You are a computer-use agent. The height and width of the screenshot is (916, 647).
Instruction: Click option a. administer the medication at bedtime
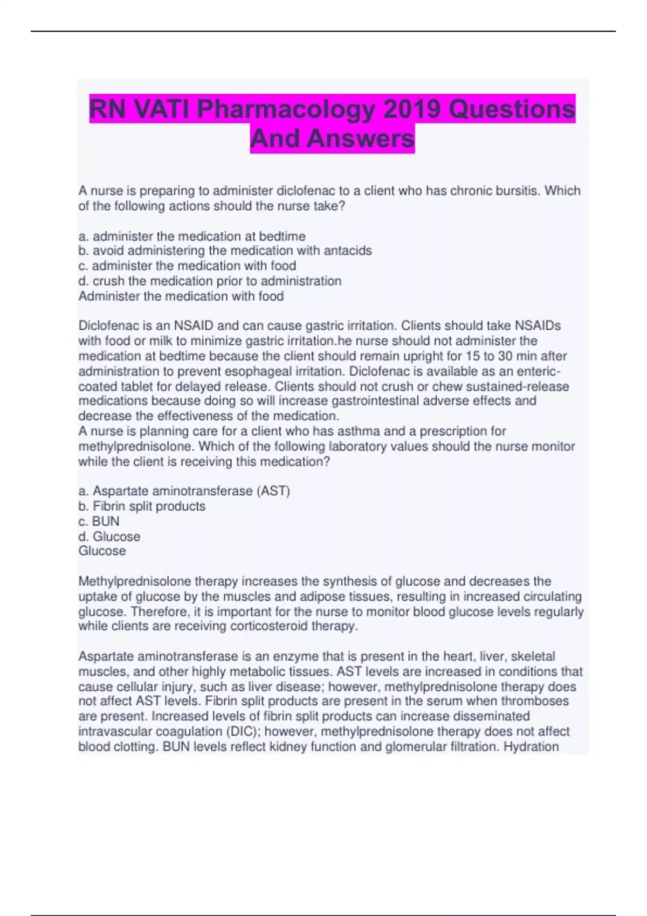192,236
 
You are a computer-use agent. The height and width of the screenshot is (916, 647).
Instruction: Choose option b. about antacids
225,251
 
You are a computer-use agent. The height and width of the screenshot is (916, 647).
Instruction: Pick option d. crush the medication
210,281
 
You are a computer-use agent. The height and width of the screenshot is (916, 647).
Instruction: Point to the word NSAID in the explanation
193,325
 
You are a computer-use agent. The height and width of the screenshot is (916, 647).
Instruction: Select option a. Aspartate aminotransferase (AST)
184,491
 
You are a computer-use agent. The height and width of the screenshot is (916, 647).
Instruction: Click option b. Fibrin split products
142,506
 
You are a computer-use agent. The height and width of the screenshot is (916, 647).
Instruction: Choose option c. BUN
99,521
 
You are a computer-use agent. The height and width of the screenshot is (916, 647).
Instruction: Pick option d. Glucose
109,536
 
